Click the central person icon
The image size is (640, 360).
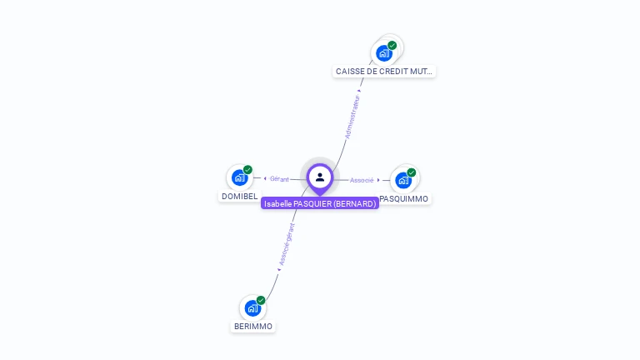click(320, 177)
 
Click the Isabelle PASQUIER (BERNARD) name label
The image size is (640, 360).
click(320, 203)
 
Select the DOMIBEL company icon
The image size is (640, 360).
click(239, 177)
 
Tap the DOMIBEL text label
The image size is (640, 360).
click(239, 197)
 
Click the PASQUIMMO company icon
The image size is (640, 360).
click(403, 180)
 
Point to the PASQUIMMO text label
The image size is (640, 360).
click(404, 199)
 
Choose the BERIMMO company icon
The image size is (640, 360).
click(252, 308)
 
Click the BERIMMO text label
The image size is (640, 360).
click(252, 327)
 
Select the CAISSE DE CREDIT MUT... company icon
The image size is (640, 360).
click(383, 53)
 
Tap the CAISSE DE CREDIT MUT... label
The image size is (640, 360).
click(384, 72)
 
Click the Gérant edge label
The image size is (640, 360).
click(279, 179)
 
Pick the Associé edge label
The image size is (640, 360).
click(362, 180)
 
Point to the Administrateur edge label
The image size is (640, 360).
click(352, 116)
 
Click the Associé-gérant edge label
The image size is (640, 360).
click(287, 244)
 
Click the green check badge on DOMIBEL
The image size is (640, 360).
click(247, 169)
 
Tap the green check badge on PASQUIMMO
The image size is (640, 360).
click(412, 172)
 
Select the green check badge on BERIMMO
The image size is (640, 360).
click(261, 300)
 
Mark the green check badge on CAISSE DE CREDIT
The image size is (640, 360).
click(392, 45)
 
